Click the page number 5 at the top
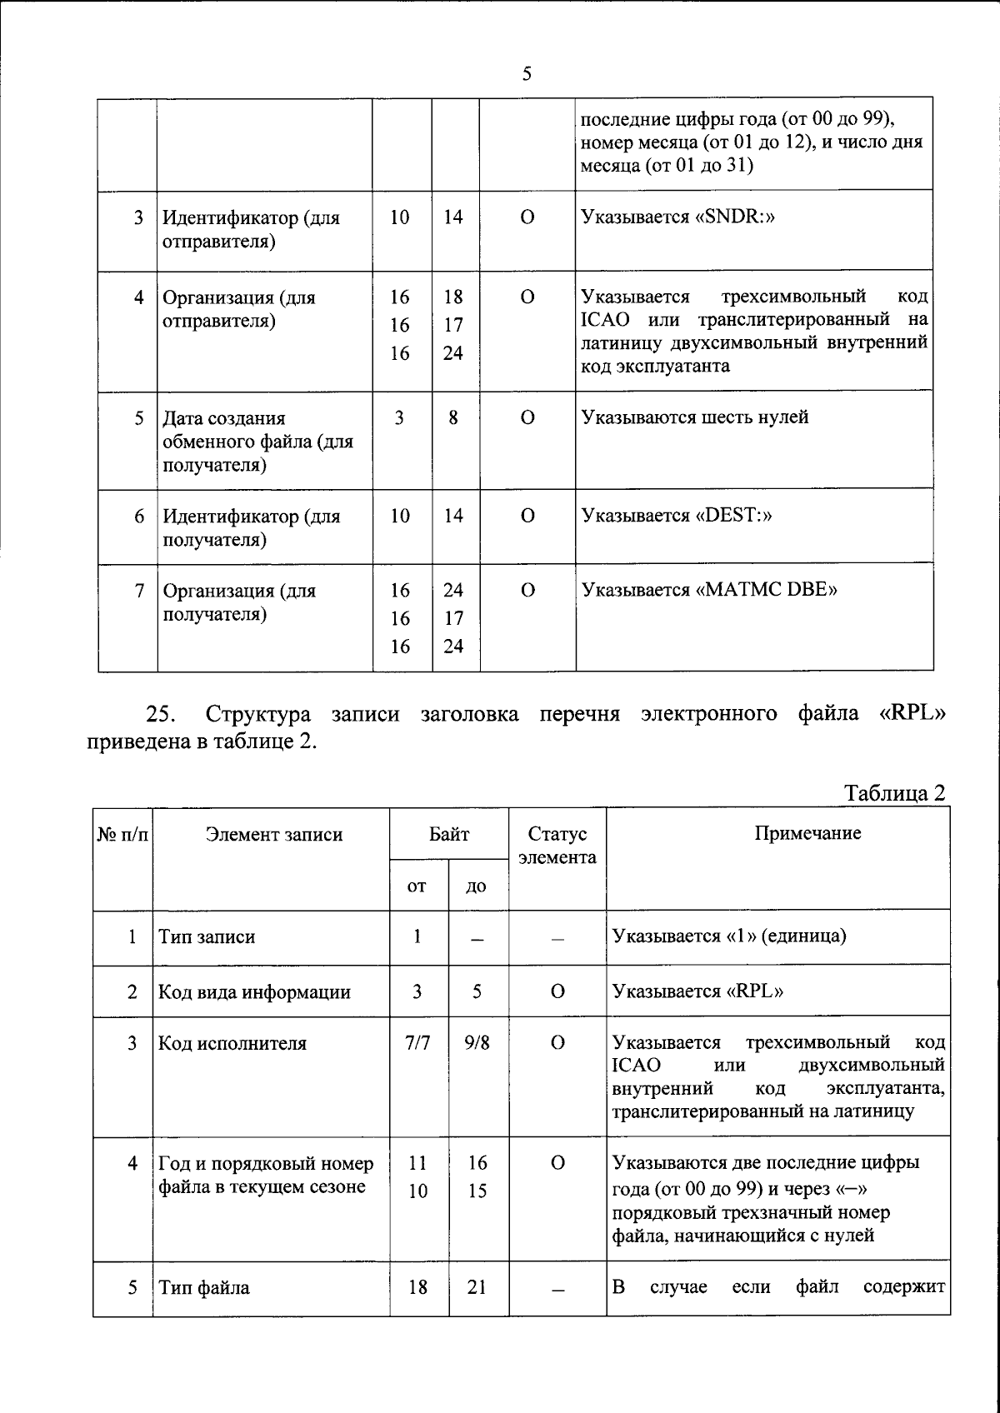pyautogui.click(x=526, y=74)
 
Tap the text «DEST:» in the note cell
pyautogui.click(x=734, y=516)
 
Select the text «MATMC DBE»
pyautogui.click(x=767, y=591)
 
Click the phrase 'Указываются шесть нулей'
pyautogui.click(x=694, y=417)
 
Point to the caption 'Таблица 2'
pyautogui.click(x=895, y=792)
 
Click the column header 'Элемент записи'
pyautogui.click(x=274, y=835)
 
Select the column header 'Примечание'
pyautogui.click(x=807, y=834)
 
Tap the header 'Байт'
pyautogui.click(x=449, y=834)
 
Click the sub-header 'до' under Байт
pyautogui.click(x=477, y=886)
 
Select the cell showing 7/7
pyautogui.click(x=417, y=1043)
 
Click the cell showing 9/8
pyautogui.click(x=477, y=1043)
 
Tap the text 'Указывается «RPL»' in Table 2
pyautogui.click(x=697, y=991)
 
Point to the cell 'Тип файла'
pyautogui.click(x=204, y=1288)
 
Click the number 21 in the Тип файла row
pyautogui.click(x=477, y=1287)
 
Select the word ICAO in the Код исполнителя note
pyautogui.click(x=636, y=1066)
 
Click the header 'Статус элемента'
pyautogui.click(x=557, y=846)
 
